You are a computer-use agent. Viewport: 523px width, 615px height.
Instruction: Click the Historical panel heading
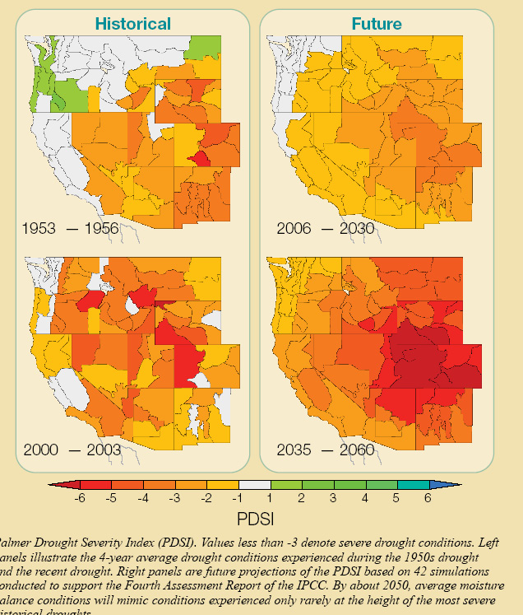point(132,24)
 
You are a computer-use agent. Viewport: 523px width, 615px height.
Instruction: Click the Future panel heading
point(377,24)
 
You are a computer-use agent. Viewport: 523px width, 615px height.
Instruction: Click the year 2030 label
point(357,229)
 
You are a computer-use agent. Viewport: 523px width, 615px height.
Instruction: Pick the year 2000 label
point(41,450)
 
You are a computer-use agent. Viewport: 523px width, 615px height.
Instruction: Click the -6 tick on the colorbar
point(80,499)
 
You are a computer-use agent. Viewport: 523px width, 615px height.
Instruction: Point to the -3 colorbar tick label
point(174,499)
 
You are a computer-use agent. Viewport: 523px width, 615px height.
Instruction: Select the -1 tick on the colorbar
point(238,499)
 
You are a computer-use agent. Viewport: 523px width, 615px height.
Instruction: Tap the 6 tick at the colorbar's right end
point(428,499)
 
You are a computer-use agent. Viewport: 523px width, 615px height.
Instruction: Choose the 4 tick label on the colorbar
point(364,499)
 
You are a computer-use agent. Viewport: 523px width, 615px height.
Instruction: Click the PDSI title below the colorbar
point(254,519)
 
